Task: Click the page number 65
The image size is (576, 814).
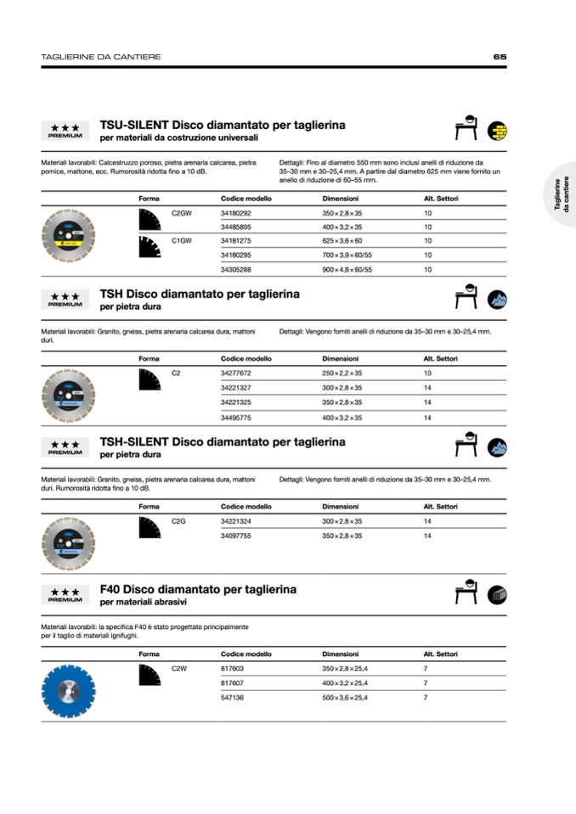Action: tap(500, 57)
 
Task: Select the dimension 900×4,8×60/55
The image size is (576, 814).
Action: tap(347, 269)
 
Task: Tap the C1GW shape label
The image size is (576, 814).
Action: tap(181, 241)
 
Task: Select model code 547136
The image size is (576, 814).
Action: tap(232, 697)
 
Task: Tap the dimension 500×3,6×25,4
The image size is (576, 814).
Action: tap(344, 697)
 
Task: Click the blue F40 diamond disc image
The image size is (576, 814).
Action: tap(68, 691)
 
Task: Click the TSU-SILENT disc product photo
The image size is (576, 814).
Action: tap(68, 235)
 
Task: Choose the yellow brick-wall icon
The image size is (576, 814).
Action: tap(497, 131)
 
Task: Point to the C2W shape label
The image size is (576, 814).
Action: tap(179, 669)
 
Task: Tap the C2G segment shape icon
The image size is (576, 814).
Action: tap(150, 527)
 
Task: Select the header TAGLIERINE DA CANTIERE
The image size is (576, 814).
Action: tap(101, 57)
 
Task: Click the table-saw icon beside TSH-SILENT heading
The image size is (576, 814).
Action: tap(466, 446)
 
